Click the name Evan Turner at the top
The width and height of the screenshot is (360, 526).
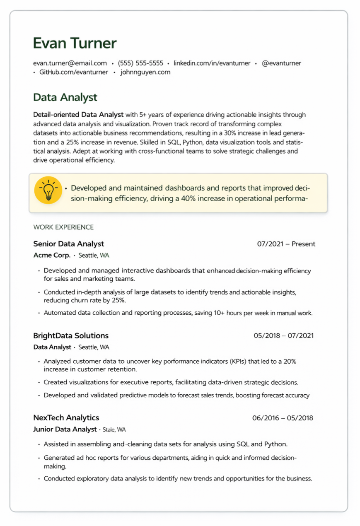75,43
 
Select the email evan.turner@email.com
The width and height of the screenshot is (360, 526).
70,63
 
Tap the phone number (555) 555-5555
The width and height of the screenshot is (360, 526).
140,63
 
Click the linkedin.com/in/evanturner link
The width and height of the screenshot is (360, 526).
212,63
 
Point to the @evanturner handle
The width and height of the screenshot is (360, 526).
281,63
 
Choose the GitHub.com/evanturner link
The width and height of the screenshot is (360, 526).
73,72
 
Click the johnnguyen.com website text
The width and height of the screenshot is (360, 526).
145,72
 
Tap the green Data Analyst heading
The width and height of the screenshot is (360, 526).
65,97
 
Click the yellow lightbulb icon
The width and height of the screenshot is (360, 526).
48,190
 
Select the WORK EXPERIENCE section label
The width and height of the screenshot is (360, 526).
63,227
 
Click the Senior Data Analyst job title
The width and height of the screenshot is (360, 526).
68,244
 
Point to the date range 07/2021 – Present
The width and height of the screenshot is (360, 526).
286,244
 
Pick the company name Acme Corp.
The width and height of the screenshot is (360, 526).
52,255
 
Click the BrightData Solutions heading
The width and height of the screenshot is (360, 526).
71,335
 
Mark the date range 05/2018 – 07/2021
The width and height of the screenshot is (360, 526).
283,335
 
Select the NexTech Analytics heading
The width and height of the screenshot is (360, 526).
66,417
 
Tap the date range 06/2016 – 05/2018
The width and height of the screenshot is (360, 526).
283,418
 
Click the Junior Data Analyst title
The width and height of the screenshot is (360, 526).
65,429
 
